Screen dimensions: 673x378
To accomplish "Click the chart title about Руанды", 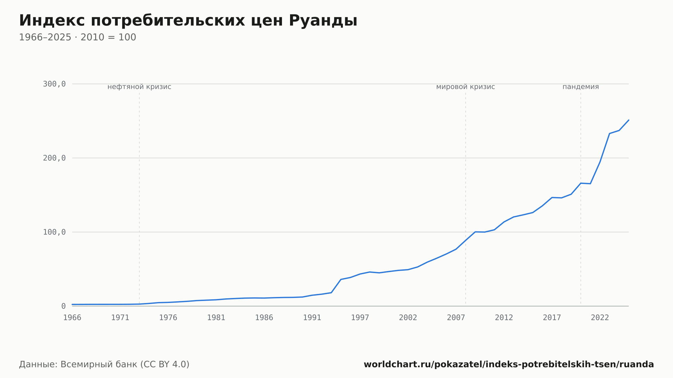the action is pos(188,21).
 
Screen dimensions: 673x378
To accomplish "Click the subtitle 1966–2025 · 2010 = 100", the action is pos(77,37).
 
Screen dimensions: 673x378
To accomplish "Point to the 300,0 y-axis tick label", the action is pos(54,84).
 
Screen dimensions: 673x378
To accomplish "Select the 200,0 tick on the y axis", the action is pos(54,158).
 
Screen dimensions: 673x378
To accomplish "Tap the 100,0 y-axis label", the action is pos(54,232).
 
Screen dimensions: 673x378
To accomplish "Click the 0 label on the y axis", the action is pos(63,306).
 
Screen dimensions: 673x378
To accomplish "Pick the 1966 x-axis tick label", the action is pos(72,318).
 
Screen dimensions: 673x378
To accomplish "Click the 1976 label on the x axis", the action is pos(168,318).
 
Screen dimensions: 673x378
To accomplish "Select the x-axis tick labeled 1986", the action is pos(264,318).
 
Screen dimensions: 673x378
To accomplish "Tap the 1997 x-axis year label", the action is pos(360,318).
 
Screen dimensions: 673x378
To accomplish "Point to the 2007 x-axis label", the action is pos(456,318).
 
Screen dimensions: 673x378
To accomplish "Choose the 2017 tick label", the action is pos(552,318).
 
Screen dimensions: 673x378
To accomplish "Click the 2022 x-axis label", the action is pos(600,318).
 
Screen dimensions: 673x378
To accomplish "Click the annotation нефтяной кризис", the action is pos(139,87).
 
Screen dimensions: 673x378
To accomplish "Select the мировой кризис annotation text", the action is pos(466,87).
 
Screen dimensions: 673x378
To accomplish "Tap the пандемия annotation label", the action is pos(581,87).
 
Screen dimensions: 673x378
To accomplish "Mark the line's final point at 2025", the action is pos(629,120).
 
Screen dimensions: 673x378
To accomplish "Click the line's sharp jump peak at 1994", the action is pos(341,279).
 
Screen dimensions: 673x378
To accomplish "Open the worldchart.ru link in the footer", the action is pos(509,364).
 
